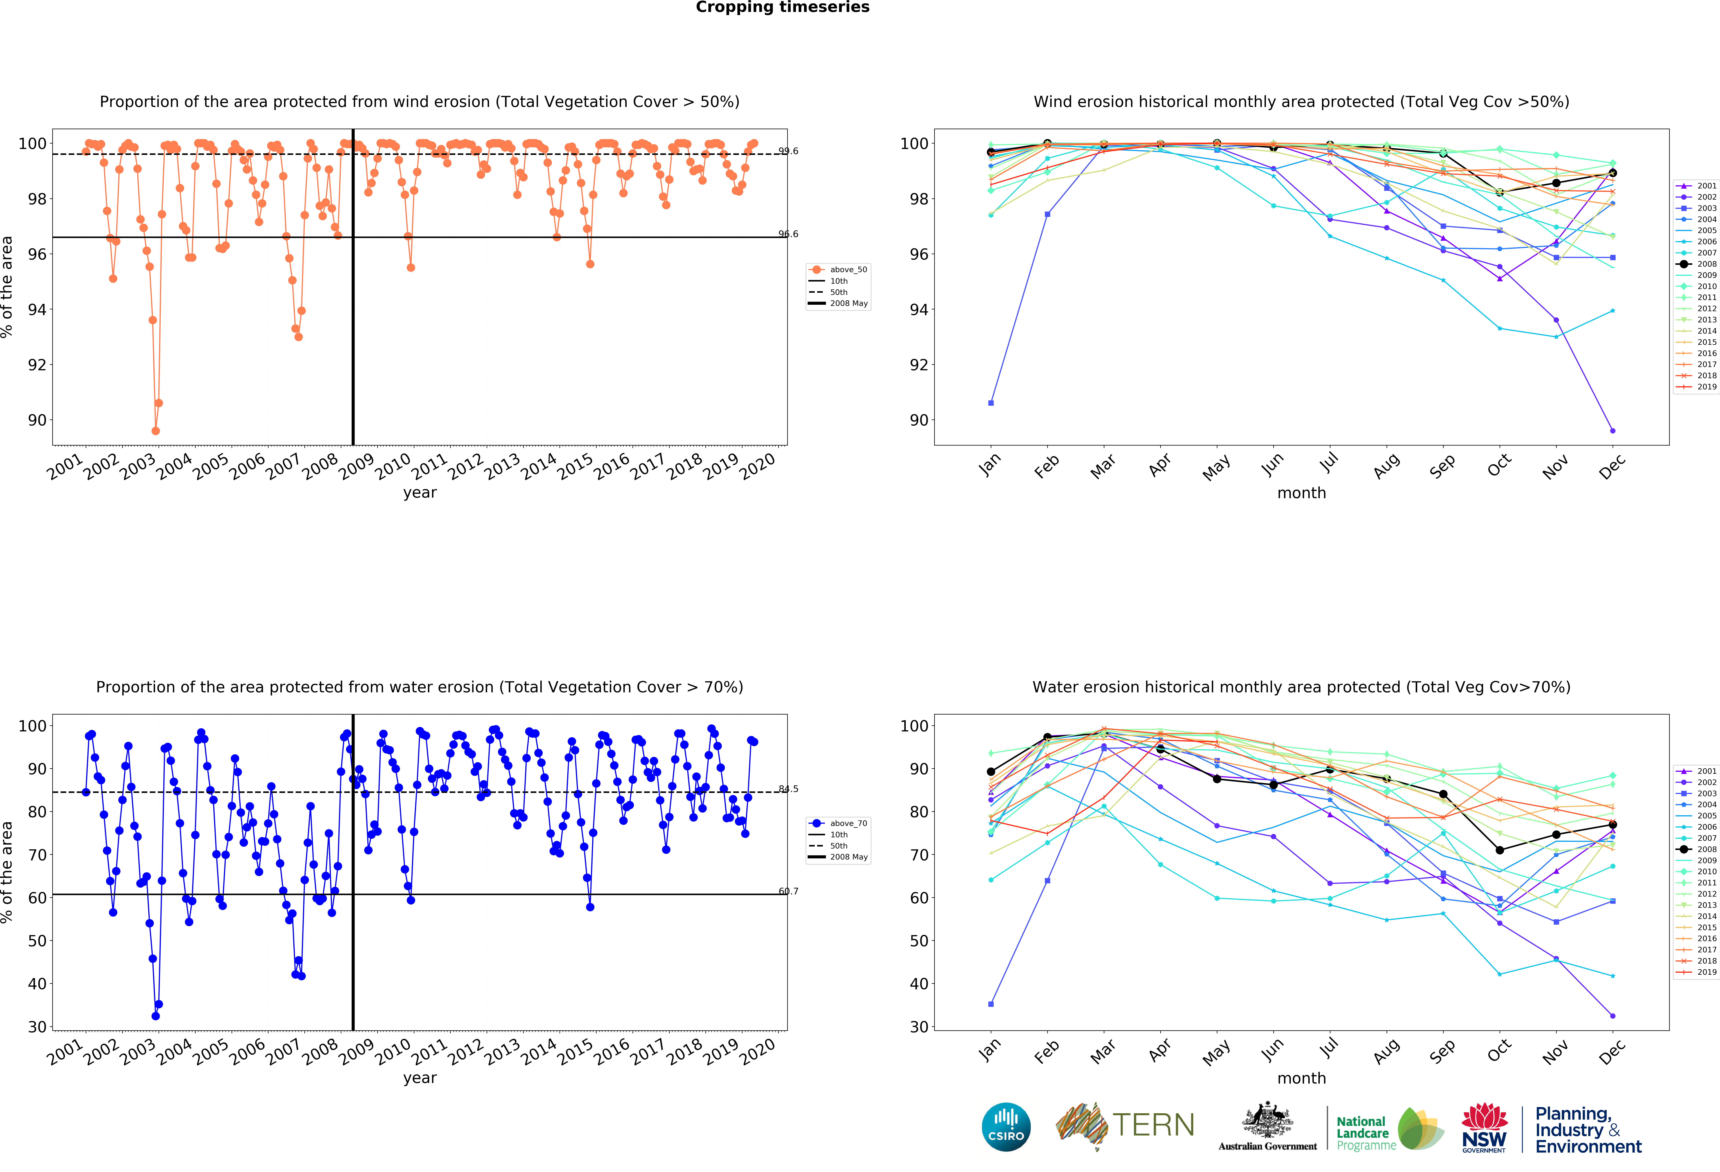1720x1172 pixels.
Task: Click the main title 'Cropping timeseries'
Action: pos(782,7)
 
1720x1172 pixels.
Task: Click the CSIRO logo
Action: pos(1006,1127)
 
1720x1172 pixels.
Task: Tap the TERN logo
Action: pos(1125,1125)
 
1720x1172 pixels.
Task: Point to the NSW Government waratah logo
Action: pos(1484,1127)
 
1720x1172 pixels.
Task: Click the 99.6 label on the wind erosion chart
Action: pos(788,151)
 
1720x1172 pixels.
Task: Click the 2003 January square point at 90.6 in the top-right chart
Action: pos(991,403)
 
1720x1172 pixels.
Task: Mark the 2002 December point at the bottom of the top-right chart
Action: pos(1613,431)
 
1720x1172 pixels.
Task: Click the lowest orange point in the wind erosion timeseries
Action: pos(155,431)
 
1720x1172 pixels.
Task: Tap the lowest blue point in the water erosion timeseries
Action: pos(155,1016)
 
